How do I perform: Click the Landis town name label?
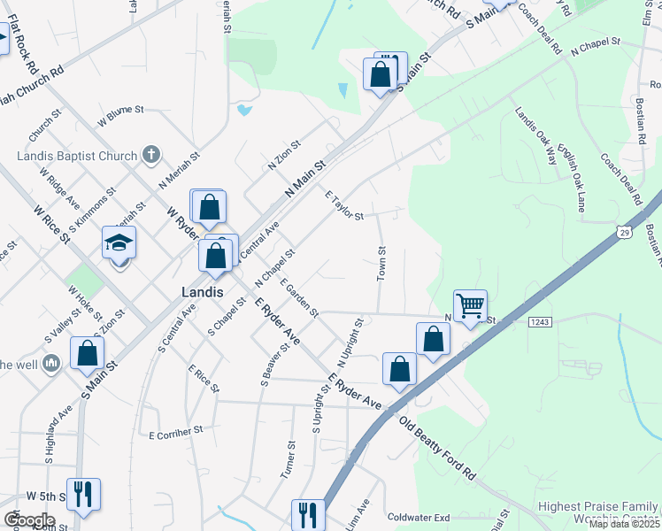coord(201,291)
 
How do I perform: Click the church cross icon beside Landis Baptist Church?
coord(150,156)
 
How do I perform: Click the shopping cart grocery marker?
coord(470,306)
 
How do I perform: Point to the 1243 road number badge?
coord(542,322)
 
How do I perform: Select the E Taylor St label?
coord(344,206)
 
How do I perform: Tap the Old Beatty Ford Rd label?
coord(437,449)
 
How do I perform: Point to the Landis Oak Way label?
coord(537,136)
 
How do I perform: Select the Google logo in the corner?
coord(29,520)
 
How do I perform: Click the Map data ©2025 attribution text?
coord(625,524)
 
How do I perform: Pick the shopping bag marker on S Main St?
coord(88,352)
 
